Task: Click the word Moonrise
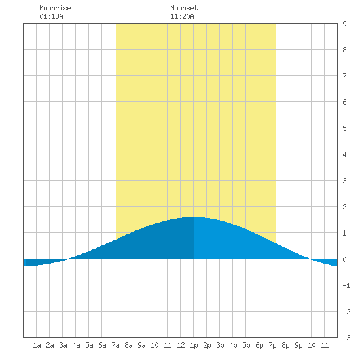point(55,8)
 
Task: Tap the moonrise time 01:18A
point(51,16)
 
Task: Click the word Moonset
point(184,8)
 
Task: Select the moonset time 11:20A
point(182,16)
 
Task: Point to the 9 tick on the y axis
point(344,24)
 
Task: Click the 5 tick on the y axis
point(344,128)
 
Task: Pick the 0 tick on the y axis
point(344,259)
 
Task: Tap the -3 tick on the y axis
point(346,338)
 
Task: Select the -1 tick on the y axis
point(346,285)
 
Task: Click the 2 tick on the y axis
point(344,207)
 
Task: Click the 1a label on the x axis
point(37,345)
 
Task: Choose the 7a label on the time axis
point(115,345)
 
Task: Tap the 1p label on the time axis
point(194,345)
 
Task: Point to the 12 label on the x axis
point(181,345)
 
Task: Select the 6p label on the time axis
point(259,345)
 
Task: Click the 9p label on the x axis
point(298,345)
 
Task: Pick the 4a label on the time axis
point(76,345)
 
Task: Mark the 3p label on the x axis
point(220,345)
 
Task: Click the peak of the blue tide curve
point(193,217)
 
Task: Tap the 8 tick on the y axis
point(344,50)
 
